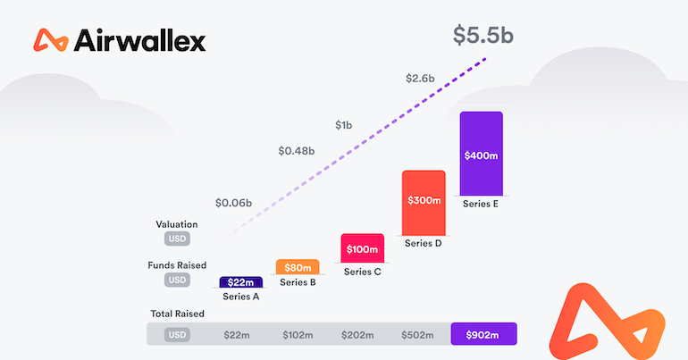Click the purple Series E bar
(x=481, y=154)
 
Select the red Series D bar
(x=424, y=202)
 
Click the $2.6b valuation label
(x=420, y=79)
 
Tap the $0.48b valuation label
(x=296, y=151)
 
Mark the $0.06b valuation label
(x=233, y=202)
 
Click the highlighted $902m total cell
(x=483, y=335)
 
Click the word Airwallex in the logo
(x=141, y=40)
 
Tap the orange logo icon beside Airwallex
(x=51, y=40)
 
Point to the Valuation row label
(x=176, y=224)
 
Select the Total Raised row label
(x=177, y=314)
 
